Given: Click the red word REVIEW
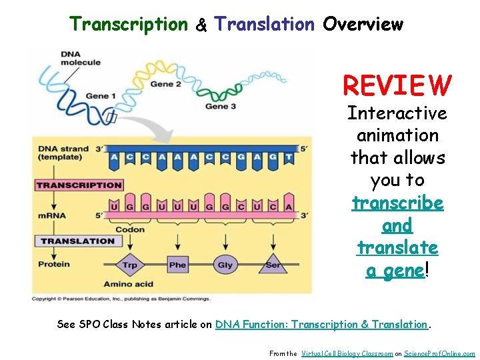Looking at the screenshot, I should point(397,85).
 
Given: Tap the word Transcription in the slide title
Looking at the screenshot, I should point(129,25).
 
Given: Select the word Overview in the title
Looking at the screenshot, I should point(363,25).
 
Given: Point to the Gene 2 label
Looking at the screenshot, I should point(165,84).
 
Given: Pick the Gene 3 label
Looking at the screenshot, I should point(221,106).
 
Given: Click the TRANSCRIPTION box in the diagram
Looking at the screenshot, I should point(79,185).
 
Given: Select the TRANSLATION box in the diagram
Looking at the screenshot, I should point(77,241).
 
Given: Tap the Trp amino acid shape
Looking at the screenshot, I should point(130,265).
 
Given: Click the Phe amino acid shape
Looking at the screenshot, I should point(177,265).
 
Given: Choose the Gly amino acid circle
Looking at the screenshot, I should point(225,265).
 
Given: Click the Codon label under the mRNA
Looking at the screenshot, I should point(129,229).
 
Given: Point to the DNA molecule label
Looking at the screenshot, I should point(80,58).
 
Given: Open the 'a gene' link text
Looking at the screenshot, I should point(395,270).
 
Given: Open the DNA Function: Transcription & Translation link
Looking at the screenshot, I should point(321,325).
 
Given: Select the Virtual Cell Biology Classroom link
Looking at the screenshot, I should point(346,353).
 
